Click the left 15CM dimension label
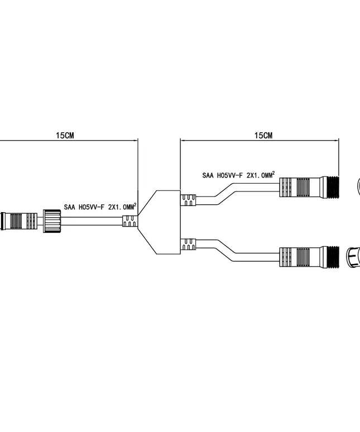point(65,135)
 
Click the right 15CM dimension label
point(263,135)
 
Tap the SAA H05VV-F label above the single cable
point(100,207)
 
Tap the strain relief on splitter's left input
point(130,222)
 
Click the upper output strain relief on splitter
point(188,198)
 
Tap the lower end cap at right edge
point(353,257)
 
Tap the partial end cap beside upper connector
point(358,186)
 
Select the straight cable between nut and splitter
point(92,222)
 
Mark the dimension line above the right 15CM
point(259,141)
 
